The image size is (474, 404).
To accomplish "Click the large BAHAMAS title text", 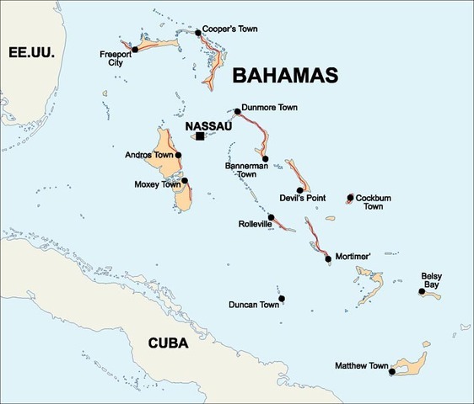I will pyautogui.click(x=284, y=76).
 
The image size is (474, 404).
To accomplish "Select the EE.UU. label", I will pyautogui.click(x=31, y=53).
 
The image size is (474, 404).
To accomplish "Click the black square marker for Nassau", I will pyautogui.click(x=200, y=136).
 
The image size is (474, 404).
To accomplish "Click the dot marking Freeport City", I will pyautogui.click(x=135, y=50).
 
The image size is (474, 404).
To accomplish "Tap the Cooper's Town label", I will pyautogui.click(x=230, y=29).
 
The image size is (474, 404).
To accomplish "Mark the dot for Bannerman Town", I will pyautogui.click(x=265, y=158).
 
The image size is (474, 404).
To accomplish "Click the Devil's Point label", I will pyautogui.click(x=303, y=199).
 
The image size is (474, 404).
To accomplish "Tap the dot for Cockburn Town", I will pyautogui.click(x=349, y=199).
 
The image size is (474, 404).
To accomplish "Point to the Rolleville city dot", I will pyautogui.click(x=271, y=216).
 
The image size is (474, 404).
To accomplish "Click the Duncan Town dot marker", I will pyautogui.click(x=282, y=298).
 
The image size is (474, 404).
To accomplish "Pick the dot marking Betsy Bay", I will pyautogui.click(x=421, y=292).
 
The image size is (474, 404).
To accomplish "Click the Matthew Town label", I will pyautogui.click(x=361, y=366).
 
